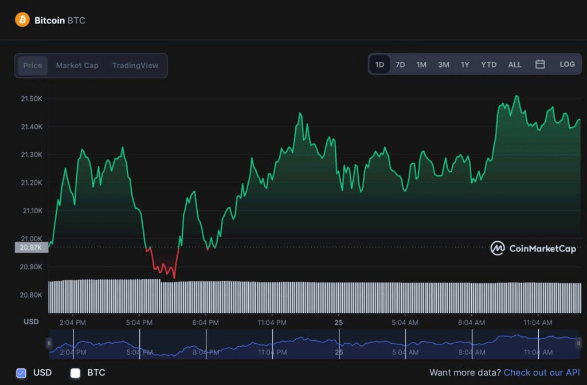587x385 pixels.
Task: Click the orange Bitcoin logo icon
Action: tap(22, 20)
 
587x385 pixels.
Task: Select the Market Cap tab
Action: tap(77, 65)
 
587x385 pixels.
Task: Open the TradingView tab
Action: tap(135, 65)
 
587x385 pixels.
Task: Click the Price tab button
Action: tap(33, 65)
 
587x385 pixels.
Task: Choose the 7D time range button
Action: tap(400, 65)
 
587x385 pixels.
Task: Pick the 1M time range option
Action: tap(421, 65)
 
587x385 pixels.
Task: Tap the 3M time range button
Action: tap(444, 65)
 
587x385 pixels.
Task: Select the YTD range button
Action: tap(488, 65)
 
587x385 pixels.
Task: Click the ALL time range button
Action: tap(515, 65)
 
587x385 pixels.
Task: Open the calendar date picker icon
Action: tap(540, 64)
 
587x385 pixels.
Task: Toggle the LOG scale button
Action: tap(567, 64)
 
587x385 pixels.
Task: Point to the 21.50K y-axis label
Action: tap(32, 99)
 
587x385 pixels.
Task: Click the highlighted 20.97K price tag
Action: tap(31, 247)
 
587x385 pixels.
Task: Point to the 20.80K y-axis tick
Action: tap(32, 295)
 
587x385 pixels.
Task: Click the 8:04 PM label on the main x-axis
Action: tap(205, 323)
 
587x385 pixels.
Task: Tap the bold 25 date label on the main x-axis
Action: tap(339, 323)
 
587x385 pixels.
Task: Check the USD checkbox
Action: tap(21, 373)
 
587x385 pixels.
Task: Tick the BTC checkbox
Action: tap(75, 373)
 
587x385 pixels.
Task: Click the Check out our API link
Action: tap(541, 372)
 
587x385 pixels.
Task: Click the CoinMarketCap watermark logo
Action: tap(533, 248)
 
